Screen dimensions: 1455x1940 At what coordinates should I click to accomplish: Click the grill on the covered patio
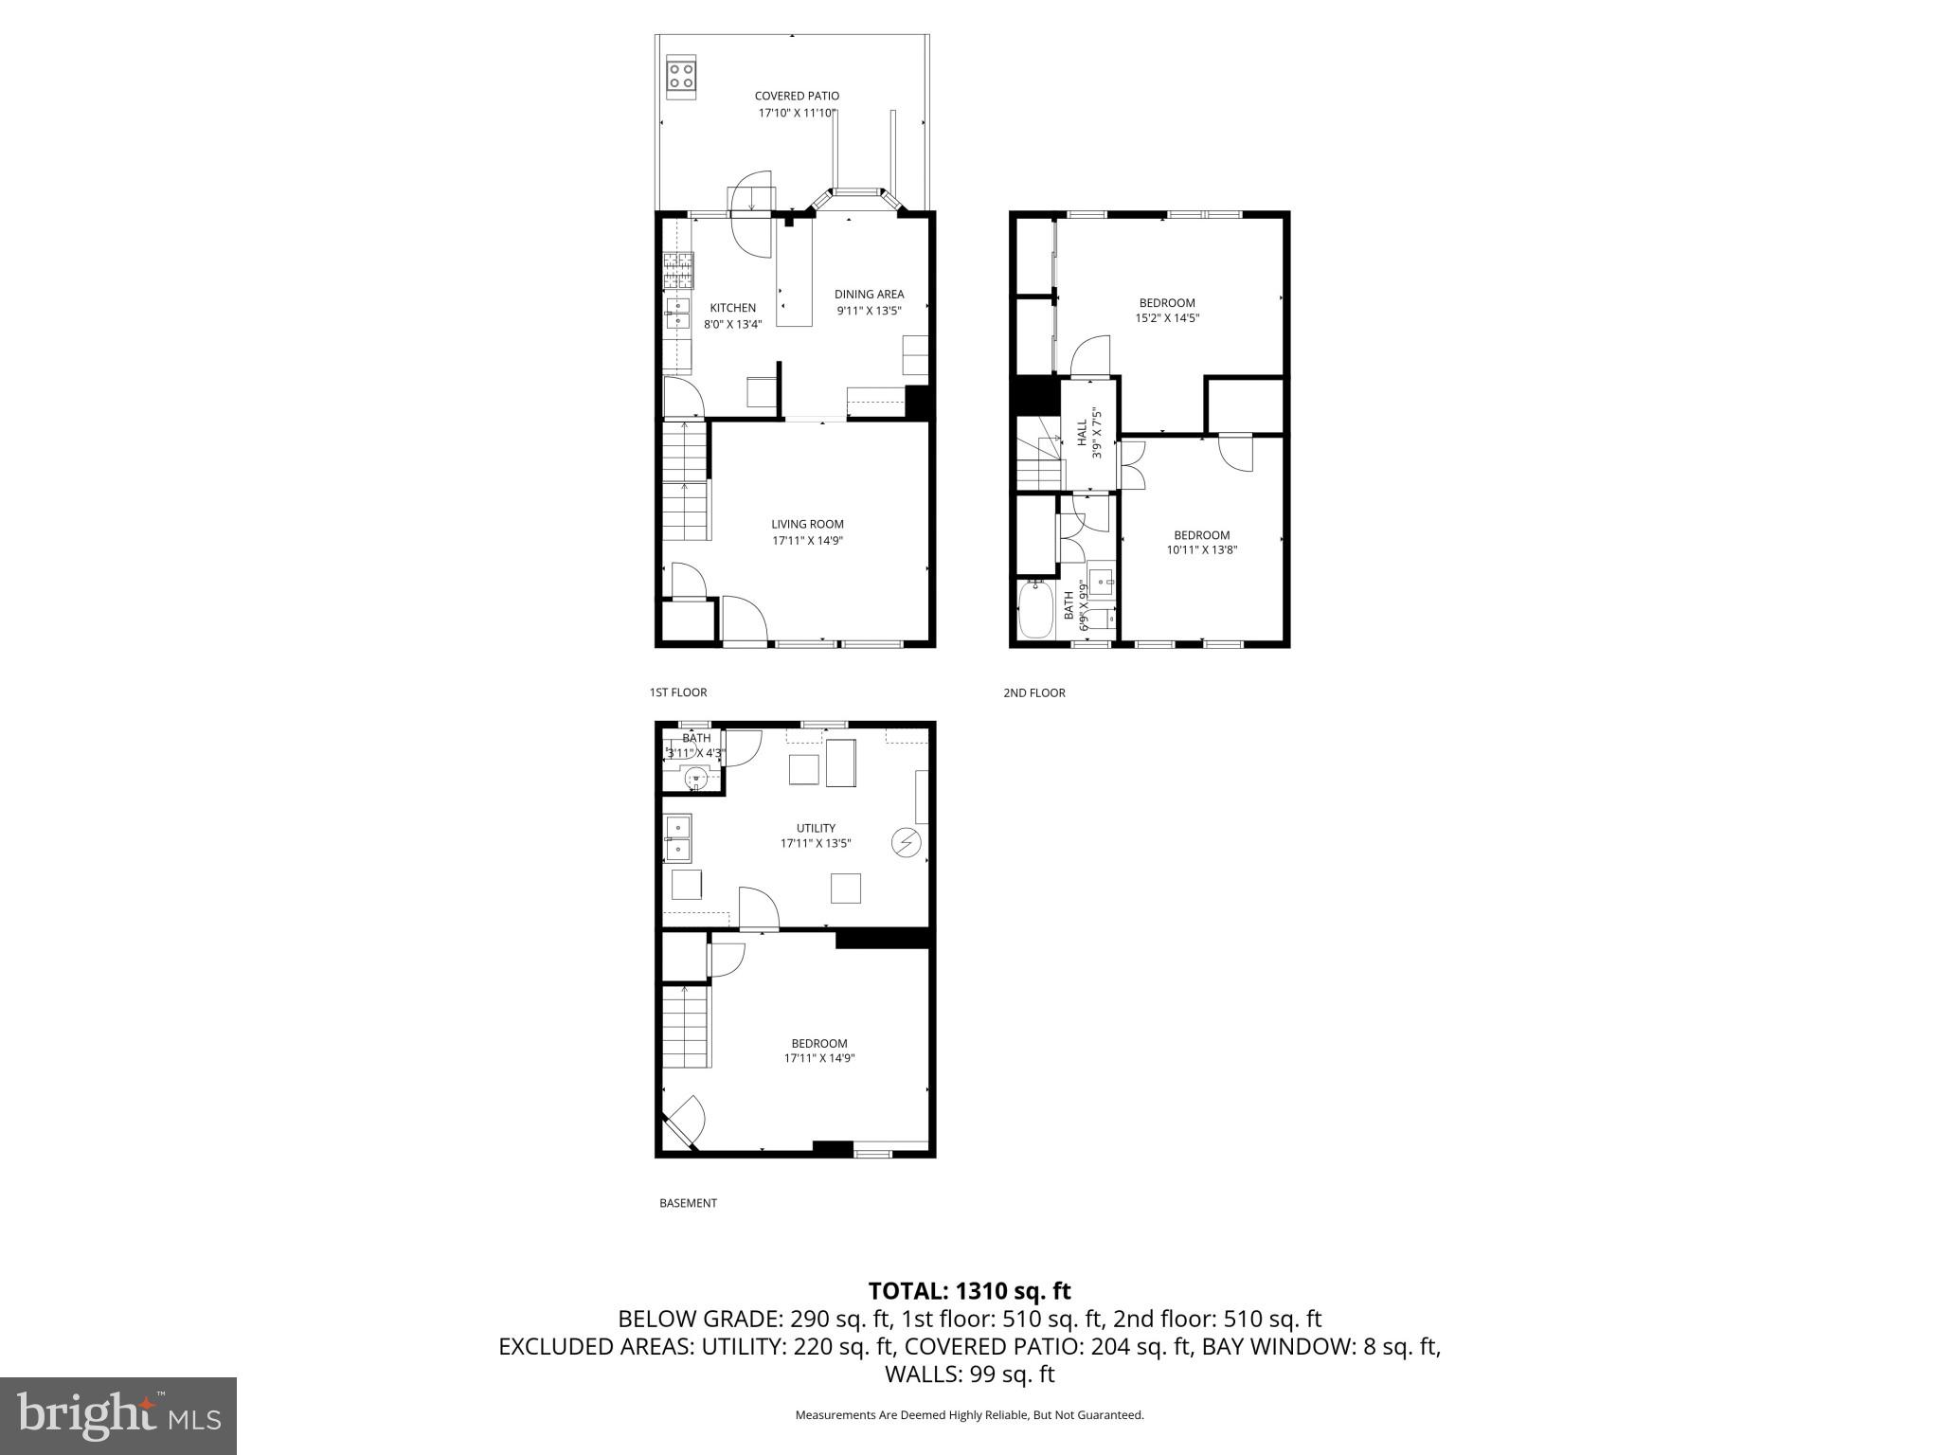[680, 75]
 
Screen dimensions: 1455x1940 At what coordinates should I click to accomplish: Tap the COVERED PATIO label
[797, 96]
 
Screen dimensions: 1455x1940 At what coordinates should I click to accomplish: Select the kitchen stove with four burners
[678, 270]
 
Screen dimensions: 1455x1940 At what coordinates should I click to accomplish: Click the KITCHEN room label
[733, 308]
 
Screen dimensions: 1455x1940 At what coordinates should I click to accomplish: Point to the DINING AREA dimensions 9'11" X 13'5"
[869, 311]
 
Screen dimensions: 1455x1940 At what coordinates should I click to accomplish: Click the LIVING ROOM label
[807, 524]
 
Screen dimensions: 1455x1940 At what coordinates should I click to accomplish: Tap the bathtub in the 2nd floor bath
[1035, 611]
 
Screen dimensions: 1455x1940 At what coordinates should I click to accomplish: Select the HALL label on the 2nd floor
[1082, 433]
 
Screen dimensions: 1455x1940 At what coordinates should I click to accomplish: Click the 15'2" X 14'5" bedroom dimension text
[1167, 319]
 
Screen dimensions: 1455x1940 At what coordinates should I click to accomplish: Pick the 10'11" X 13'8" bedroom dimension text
[1202, 550]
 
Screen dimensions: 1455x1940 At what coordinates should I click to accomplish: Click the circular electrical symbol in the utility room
[907, 842]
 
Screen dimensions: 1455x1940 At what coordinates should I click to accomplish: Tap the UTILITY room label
[816, 828]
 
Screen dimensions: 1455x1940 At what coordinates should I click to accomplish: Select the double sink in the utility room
[678, 838]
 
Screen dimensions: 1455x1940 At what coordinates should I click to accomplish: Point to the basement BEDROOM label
[819, 1044]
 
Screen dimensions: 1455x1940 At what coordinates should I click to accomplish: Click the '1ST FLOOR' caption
[678, 692]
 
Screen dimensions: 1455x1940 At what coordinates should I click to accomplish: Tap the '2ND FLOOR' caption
[1034, 693]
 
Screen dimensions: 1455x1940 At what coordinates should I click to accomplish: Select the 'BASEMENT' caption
[688, 1203]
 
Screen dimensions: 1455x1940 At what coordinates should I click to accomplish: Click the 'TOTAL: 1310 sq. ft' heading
[969, 1290]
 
